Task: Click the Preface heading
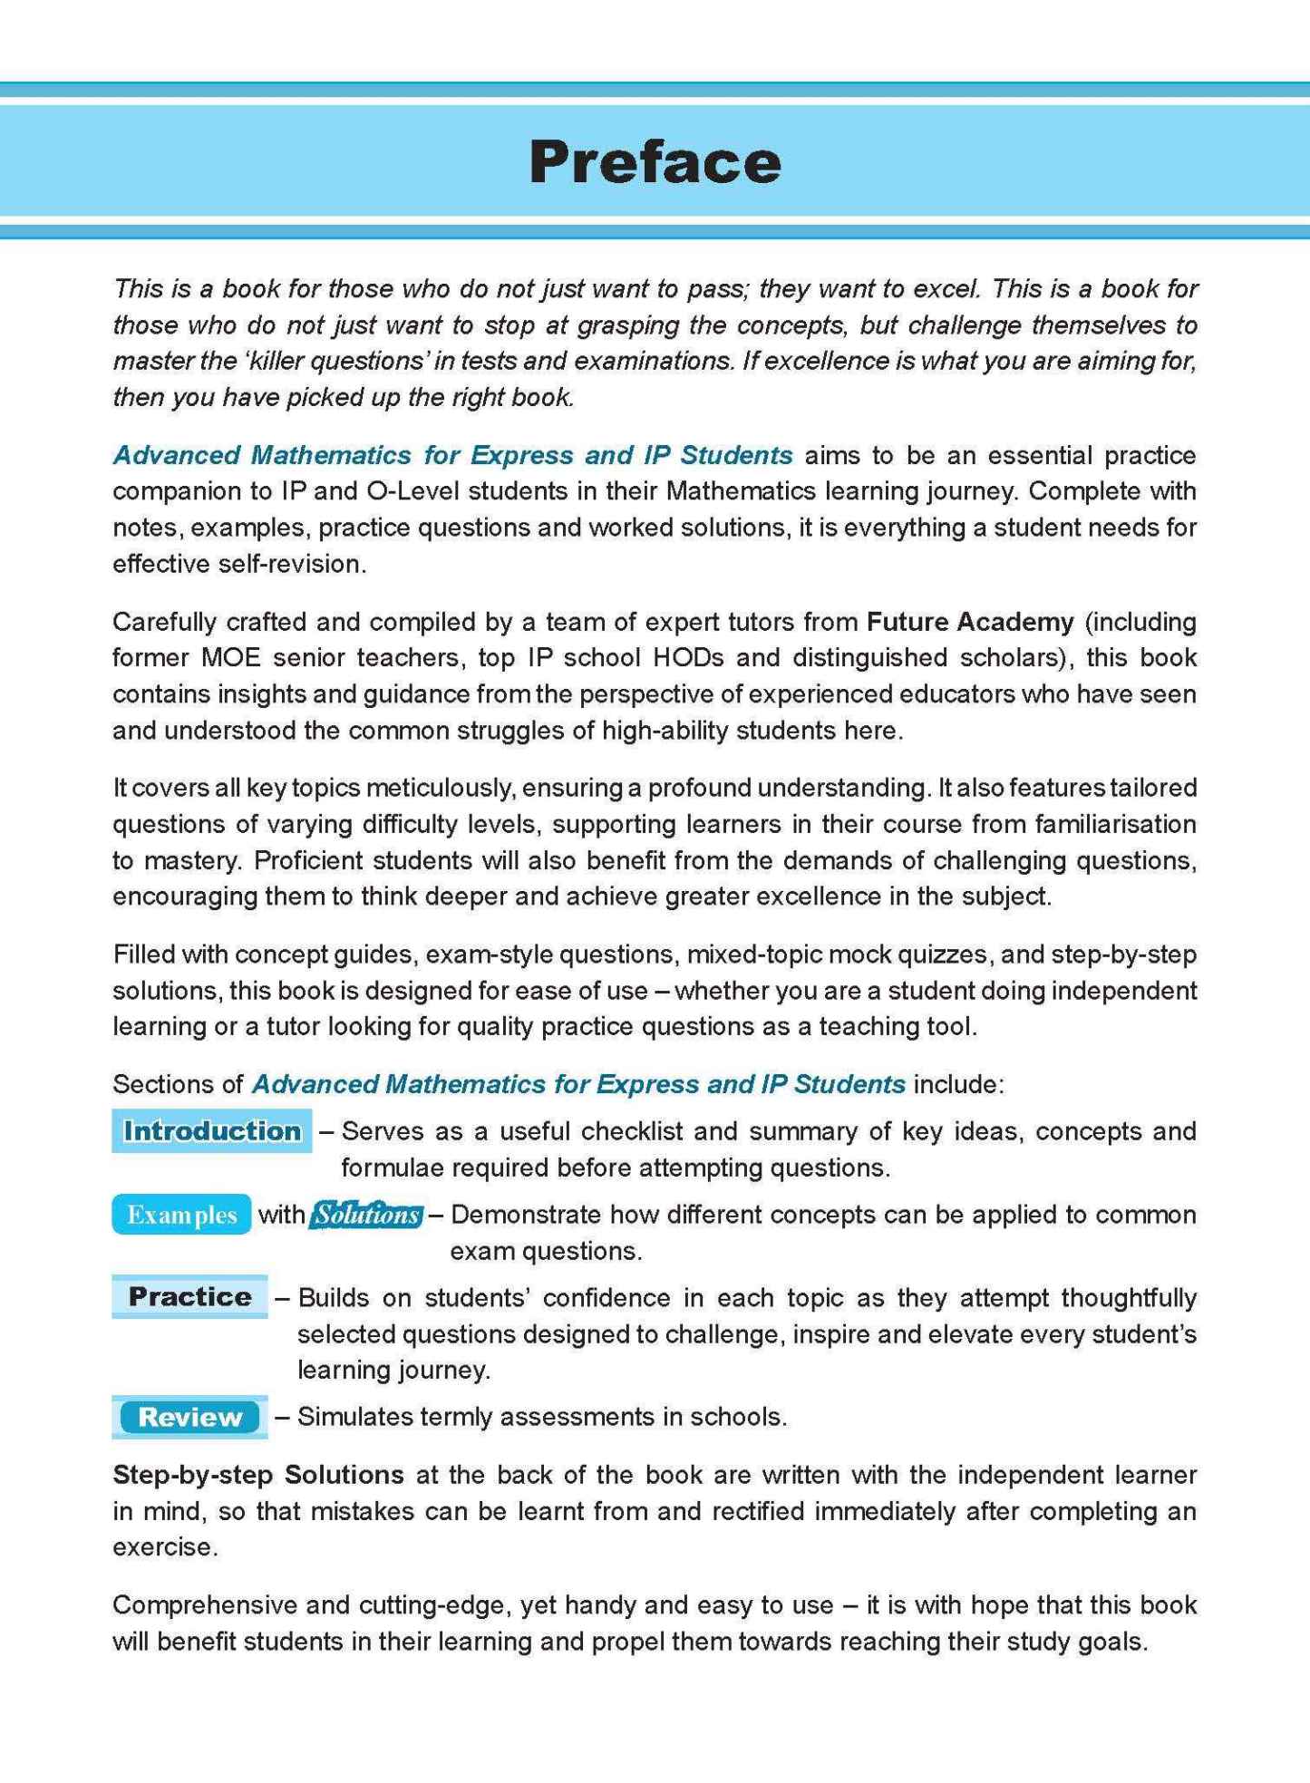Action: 655,162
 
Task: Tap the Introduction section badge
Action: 212,1130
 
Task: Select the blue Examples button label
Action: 181,1215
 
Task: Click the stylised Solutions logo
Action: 366,1215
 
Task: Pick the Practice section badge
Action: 189,1296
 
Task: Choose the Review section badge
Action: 189,1417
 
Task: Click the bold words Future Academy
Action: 970,622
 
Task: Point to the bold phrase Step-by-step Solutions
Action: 258,1475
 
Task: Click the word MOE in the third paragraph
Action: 230,657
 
